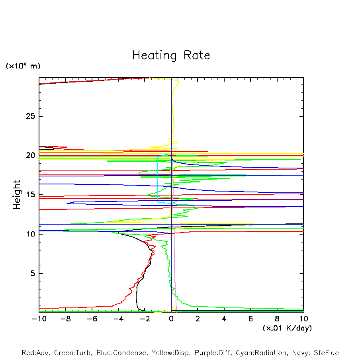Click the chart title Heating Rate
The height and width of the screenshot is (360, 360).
pos(171,55)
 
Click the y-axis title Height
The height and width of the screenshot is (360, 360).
pos(17,195)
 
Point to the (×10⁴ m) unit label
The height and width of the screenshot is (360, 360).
pos(23,66)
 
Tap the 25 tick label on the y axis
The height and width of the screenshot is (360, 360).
pos(31,116)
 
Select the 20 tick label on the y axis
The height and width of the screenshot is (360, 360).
pos(31,156)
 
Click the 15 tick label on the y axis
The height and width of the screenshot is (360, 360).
pos(31,195)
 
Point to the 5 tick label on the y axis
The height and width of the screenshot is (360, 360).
pos(33,274)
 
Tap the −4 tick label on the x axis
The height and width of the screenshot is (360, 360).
pos(117,319)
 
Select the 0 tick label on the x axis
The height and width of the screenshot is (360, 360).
pos(171,319)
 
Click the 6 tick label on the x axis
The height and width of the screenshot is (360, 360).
pos(250,319)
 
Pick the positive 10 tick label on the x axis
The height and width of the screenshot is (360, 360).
pos(303,319)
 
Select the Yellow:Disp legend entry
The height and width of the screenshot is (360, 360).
pos(170,353)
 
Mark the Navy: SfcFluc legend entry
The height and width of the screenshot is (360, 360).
pos(317,353)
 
